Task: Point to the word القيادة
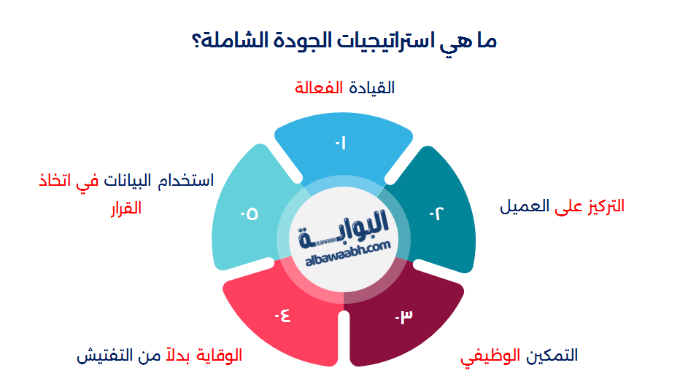372,88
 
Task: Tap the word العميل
523,206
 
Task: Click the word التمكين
552,356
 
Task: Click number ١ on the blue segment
340,144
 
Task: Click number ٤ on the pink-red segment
282,316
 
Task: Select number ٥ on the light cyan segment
249,214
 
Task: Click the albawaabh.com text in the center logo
344,248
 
